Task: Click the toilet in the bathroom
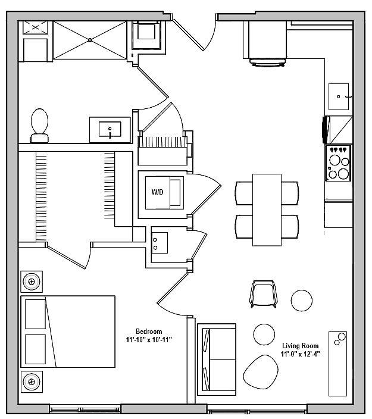click(39, 126)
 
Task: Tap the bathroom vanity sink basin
click(110, 129)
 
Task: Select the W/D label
click(157, 192)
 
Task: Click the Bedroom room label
click(149, 332)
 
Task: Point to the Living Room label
click(301, 346)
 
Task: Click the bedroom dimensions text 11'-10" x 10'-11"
click(149, 340)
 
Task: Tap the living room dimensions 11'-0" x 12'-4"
click(301, 354)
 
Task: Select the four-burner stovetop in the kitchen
click(338, 163)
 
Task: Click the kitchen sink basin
click(339, 96)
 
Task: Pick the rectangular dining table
click(267, 209)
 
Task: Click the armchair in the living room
click(263, 293)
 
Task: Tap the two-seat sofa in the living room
click(217, 359)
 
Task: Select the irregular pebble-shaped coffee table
click(261, 372)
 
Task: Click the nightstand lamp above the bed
click(32, 282)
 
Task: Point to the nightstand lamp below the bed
click(32, 382)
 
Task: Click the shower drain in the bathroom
click(90, 40)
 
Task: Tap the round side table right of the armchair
click(301, 301)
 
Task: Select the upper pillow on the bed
click(36, 314)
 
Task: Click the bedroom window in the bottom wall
click(85, 409)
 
